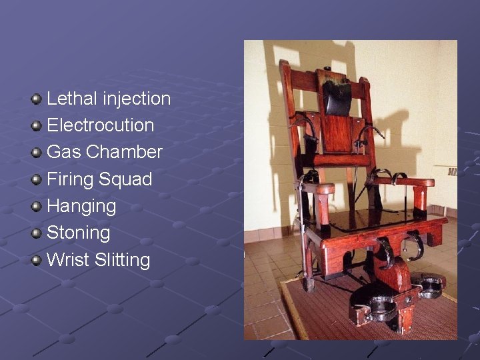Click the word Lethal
pos(72,99)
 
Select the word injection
pos(137,99)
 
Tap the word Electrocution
pos(100,125)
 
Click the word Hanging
pos(81,206)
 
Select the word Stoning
pos(78,233)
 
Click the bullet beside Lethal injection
pos(36,99)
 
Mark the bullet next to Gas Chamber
pos(36,153)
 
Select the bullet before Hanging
pos(36,206)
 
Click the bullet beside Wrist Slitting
pos(36,259)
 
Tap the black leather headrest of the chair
pos(339,93)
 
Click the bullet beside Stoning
pos(36,233)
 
